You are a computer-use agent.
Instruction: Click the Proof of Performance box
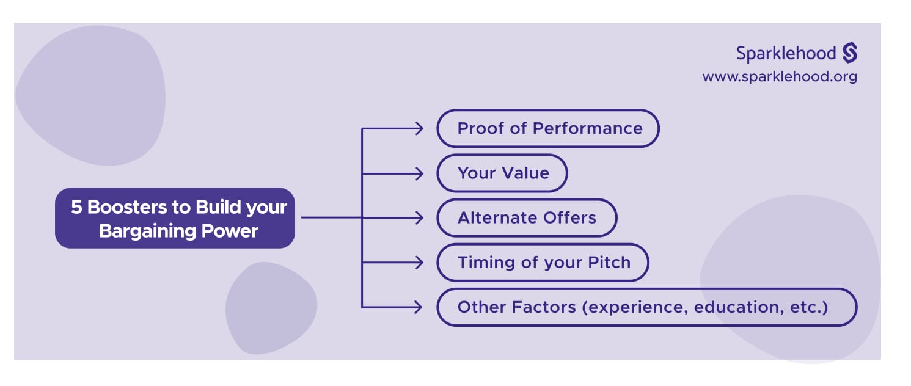(x=547, y=128)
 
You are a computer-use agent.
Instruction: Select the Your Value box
(x=502, y=173)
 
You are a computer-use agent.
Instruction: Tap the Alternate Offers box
(x=526, y=217)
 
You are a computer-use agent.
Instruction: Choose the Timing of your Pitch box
(x=543, y=263)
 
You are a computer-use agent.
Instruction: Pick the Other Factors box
(x=646, y=307)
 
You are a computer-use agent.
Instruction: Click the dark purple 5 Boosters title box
(x=175, y=218)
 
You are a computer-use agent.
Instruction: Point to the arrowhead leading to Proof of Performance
(x=419, y=128)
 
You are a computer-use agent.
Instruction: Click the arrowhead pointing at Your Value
(x=419, y=173)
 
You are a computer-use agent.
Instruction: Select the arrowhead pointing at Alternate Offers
(x=419, y=217)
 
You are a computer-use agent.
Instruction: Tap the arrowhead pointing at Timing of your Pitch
(x=419, y=263)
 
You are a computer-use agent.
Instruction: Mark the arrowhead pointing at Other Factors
(x=419, y=307)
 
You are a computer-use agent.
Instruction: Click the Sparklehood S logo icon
(x=850, y=53)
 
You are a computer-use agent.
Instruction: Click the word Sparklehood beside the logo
(x=786, y=54)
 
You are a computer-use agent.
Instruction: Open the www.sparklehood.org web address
(x=779, y=77)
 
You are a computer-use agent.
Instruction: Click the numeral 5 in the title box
(x=76, y=207)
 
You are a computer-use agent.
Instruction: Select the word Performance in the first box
(x=588, y=128)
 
